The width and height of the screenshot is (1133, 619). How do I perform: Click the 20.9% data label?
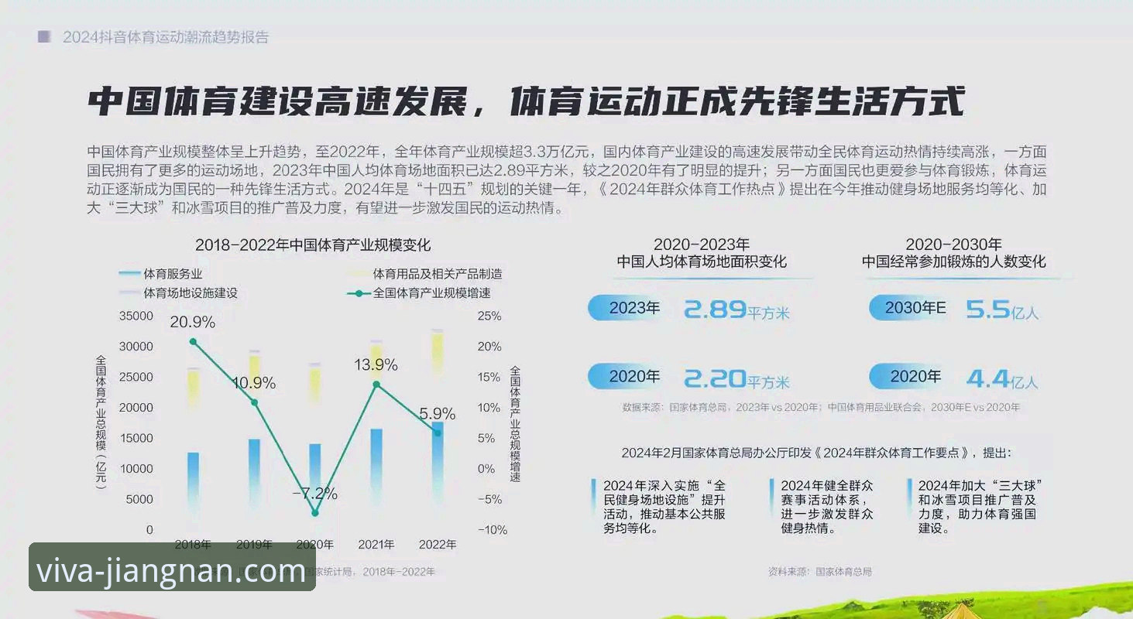192,322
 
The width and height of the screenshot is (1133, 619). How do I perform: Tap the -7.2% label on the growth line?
314,493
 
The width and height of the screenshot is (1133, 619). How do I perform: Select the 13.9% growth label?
376,364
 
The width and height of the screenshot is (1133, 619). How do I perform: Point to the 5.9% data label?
437,414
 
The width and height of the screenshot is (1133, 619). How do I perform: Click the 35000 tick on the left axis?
136,316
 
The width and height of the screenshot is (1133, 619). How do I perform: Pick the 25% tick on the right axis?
489,316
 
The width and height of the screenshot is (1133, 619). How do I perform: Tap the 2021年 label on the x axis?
376,544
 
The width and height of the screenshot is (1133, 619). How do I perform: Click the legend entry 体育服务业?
173,273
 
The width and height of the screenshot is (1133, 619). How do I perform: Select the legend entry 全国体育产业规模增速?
431,293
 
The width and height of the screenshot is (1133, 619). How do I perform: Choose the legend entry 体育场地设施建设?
190,293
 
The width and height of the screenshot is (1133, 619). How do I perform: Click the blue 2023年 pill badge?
628,308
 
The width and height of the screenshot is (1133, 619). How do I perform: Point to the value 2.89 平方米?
736,310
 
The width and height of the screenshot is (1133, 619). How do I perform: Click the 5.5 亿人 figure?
1001,311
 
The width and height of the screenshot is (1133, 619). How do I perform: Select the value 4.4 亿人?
1001,378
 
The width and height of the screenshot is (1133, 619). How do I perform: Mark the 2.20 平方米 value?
736,378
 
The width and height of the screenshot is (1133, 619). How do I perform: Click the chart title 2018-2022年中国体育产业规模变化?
313,245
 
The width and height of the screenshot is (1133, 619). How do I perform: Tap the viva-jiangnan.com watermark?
172,571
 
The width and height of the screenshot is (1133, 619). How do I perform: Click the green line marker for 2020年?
315,513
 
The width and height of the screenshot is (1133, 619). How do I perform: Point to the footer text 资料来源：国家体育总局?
819,572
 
